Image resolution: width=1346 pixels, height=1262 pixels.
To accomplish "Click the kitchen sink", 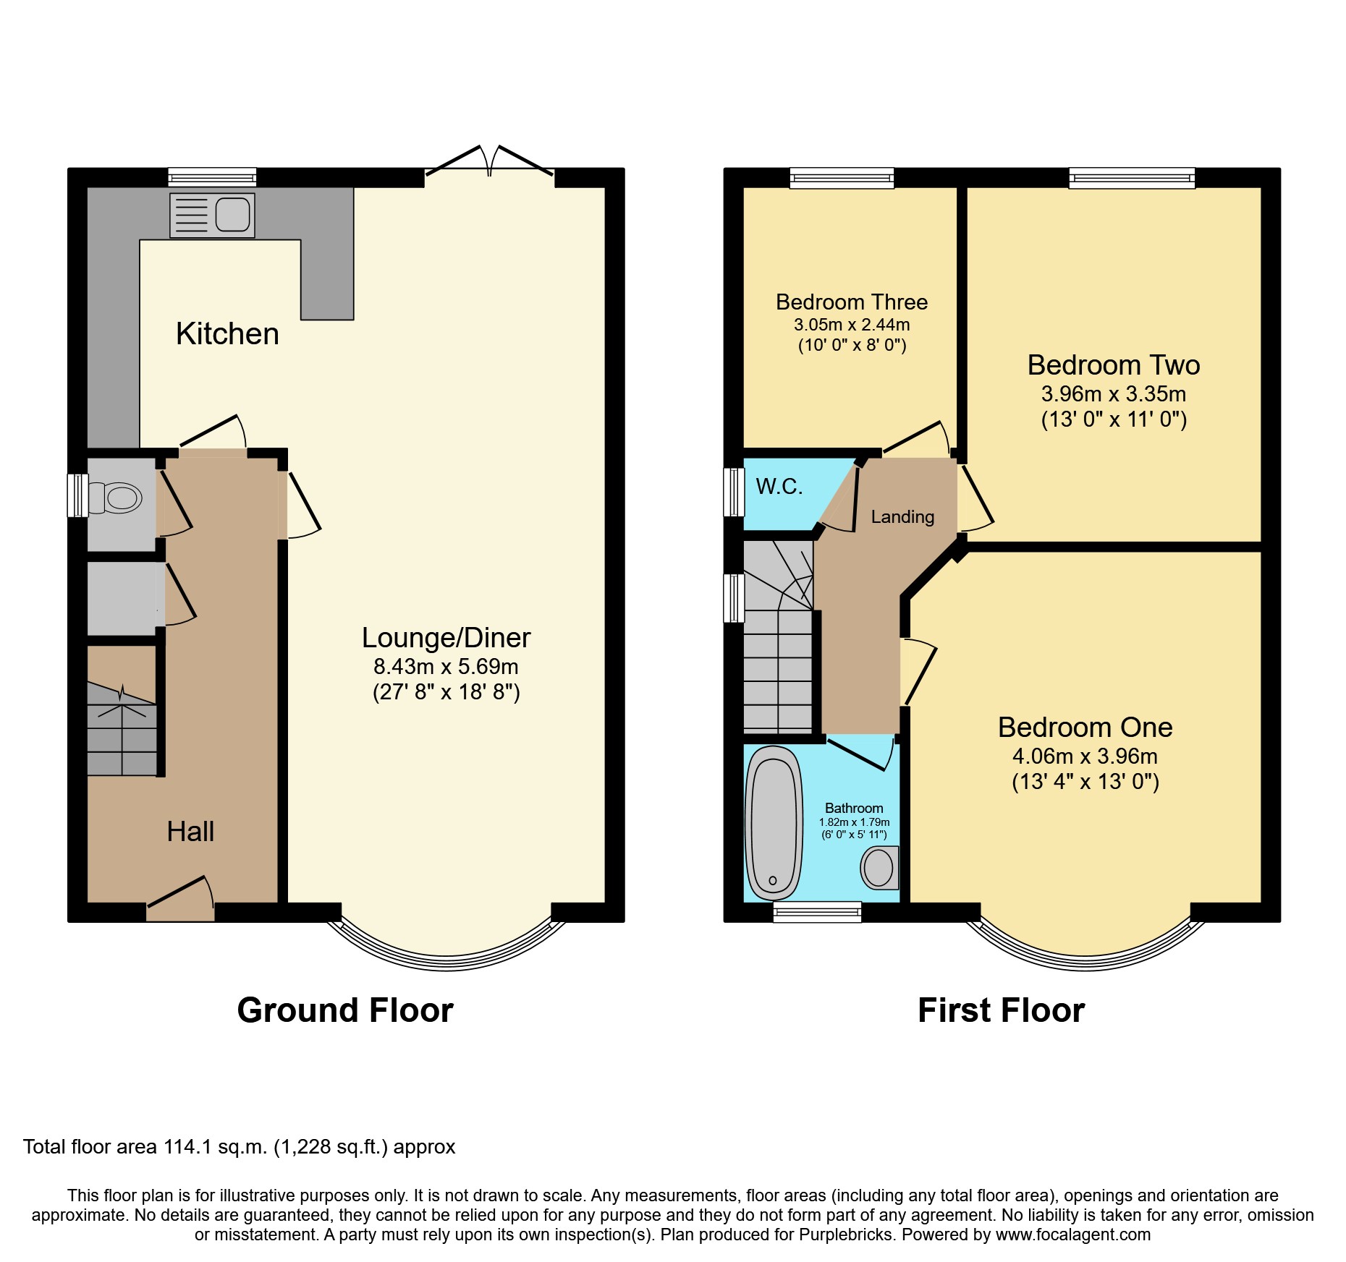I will point(212,215).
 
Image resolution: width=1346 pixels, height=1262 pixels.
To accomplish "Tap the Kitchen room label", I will point(227,334).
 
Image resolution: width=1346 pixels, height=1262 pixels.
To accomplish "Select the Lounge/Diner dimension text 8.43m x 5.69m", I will point(446,666).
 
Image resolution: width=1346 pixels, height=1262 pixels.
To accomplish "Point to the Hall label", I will point(190,832).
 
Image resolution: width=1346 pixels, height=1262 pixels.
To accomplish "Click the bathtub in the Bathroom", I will point(774,822).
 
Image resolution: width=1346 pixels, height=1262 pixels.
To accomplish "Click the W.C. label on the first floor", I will point(779,487).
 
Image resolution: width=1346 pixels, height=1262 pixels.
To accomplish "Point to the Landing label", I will point(902,516).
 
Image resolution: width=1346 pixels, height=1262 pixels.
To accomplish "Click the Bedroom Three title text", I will point(852,302).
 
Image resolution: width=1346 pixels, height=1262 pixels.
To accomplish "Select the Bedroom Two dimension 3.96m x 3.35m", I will point(1113,394).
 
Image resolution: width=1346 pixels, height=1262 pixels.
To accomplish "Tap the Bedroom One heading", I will point(1085,727).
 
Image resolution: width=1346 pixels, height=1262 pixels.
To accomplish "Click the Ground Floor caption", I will point(345,1010).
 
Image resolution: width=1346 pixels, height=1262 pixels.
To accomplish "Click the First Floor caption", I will point(1001,1010).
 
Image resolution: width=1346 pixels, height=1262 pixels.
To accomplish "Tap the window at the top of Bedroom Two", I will point(1132,178).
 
